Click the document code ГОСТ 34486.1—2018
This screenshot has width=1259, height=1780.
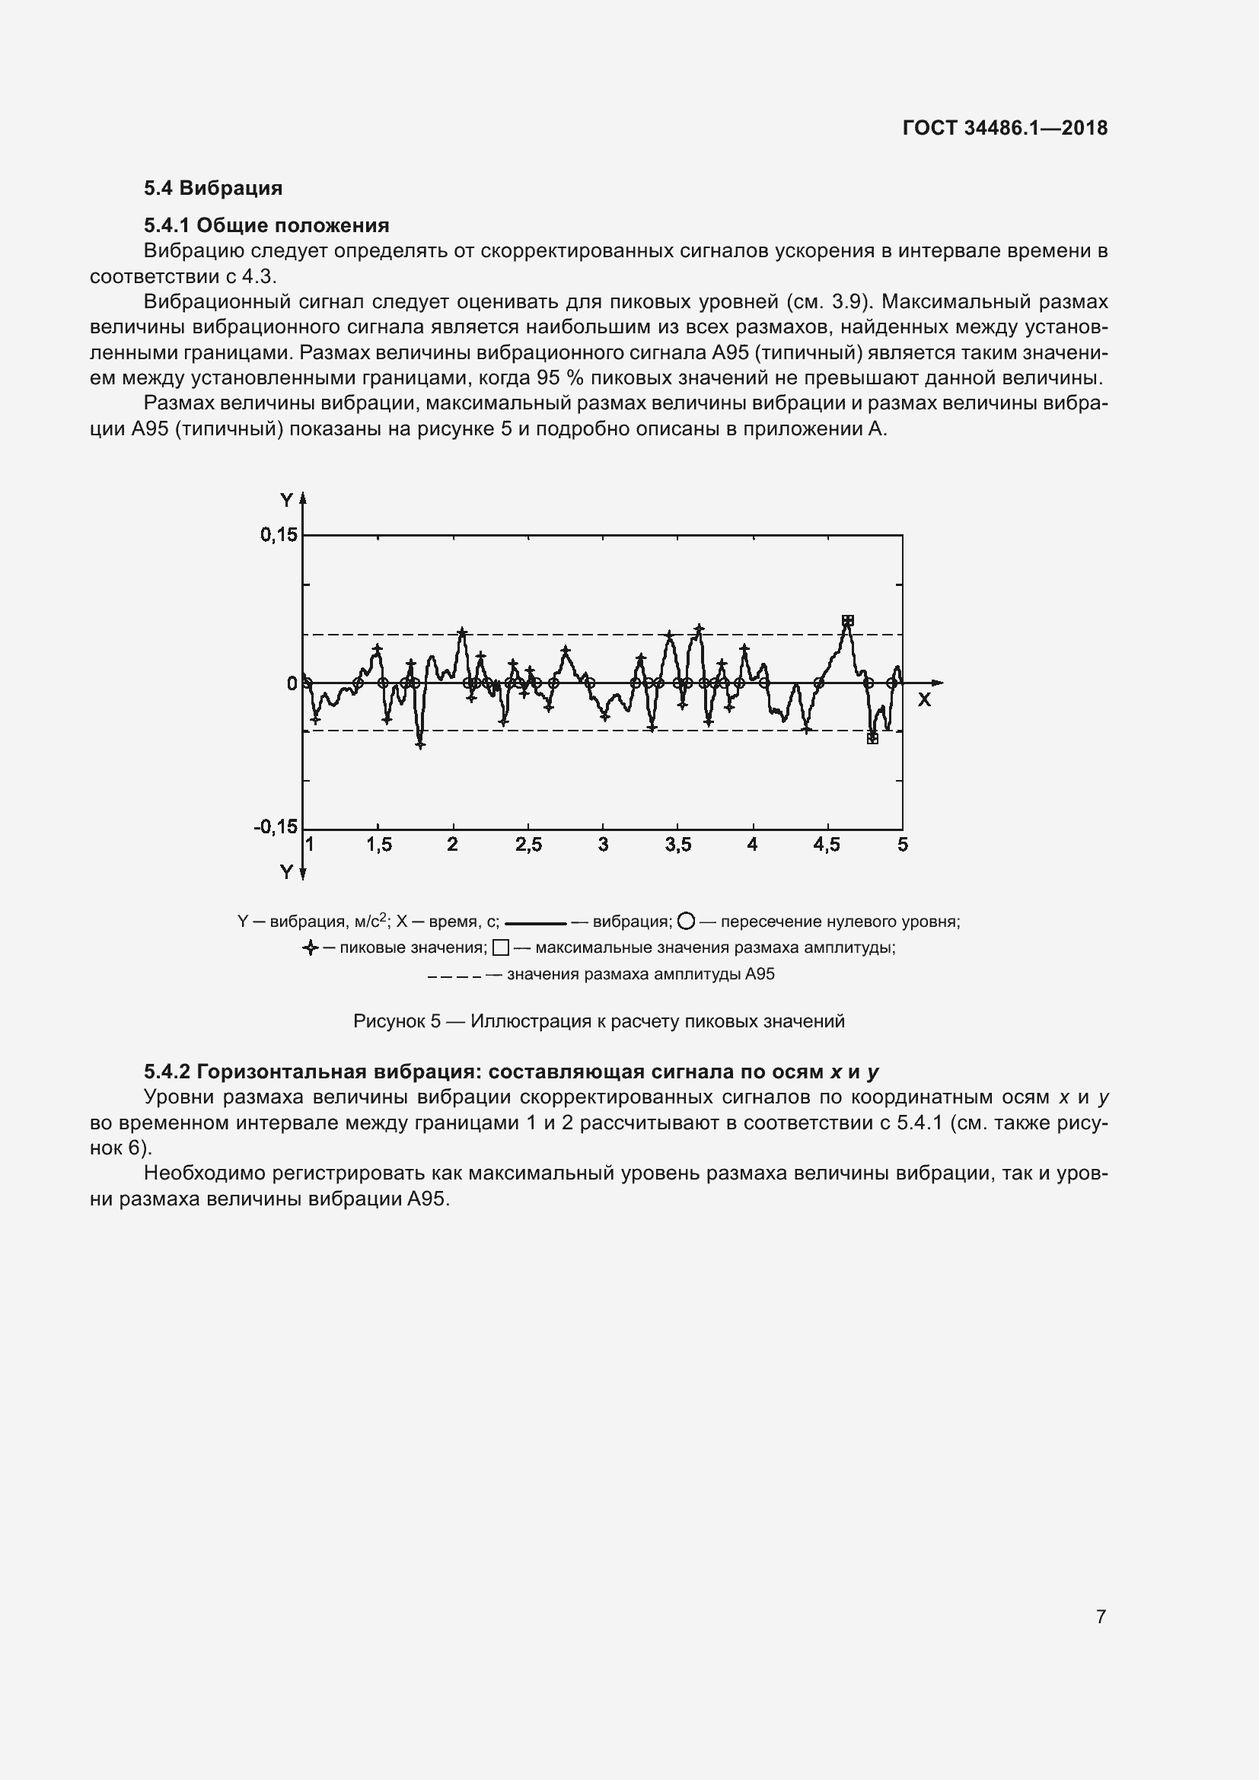click(x=1005, y=128)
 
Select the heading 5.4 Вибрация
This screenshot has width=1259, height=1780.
click(x=212, y=188)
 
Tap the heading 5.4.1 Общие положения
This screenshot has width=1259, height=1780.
click(x=266, y=225)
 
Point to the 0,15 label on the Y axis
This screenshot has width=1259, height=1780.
click(x=279, y=534)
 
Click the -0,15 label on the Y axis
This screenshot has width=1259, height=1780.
click(x=276, y=826)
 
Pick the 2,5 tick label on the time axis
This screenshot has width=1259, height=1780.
click(x=529, y=845)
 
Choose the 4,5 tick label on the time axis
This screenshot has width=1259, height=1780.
click(x=827, y=845)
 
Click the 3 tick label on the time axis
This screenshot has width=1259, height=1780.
click(x=603, y=845)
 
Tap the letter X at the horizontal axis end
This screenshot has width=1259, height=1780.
click(x=924, y=700)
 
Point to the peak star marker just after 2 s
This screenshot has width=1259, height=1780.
click(x=462, y=632)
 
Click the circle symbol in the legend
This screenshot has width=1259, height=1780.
click(x=685, y=921)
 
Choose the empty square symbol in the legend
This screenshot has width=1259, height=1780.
click(x=501, y=947)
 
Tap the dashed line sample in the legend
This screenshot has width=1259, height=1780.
click(x=454, y=976)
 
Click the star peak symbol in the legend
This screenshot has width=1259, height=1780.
click(x=310, y=947)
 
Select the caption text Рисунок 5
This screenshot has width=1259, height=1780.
click(x=397, y=1021)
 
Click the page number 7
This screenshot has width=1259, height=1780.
click(x=1101, y=1616)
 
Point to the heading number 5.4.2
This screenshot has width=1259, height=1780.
click(x=167, y=1072)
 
